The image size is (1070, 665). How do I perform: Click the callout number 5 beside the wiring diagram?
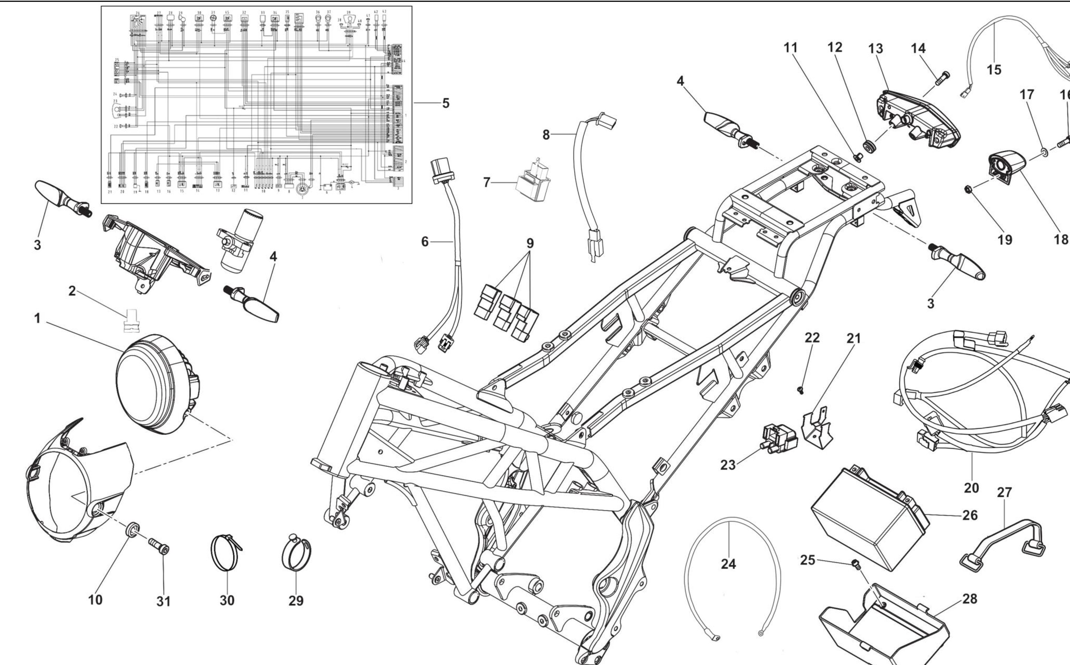tap(446, 103)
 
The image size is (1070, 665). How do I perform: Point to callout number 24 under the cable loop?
tap(728, 564)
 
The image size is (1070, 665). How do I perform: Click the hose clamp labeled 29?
tap(296, 555)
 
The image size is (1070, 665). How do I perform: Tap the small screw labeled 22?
tap(800, 390)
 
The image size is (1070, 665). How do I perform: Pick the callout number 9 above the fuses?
tap(530, 243)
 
